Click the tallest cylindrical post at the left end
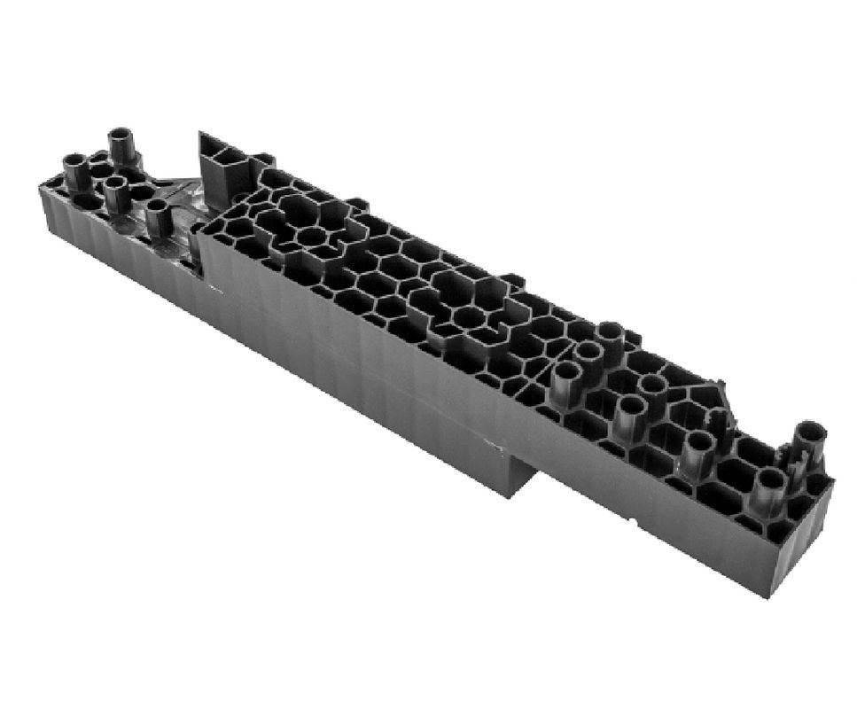click(x=121, y=144)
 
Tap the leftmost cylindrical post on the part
click(x=75, y=169)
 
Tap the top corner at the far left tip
click(x=43, y=184)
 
